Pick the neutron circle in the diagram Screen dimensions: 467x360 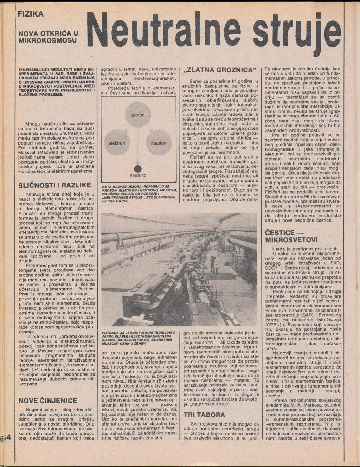tap(159, 143)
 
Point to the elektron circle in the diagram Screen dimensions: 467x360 tap(117, 143)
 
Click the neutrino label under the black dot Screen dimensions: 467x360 tap(138, 175)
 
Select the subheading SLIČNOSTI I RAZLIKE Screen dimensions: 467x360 tap(54, 185)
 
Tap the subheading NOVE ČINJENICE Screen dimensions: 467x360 tap(47, 401)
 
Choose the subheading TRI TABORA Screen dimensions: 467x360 tap(204, 415)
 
